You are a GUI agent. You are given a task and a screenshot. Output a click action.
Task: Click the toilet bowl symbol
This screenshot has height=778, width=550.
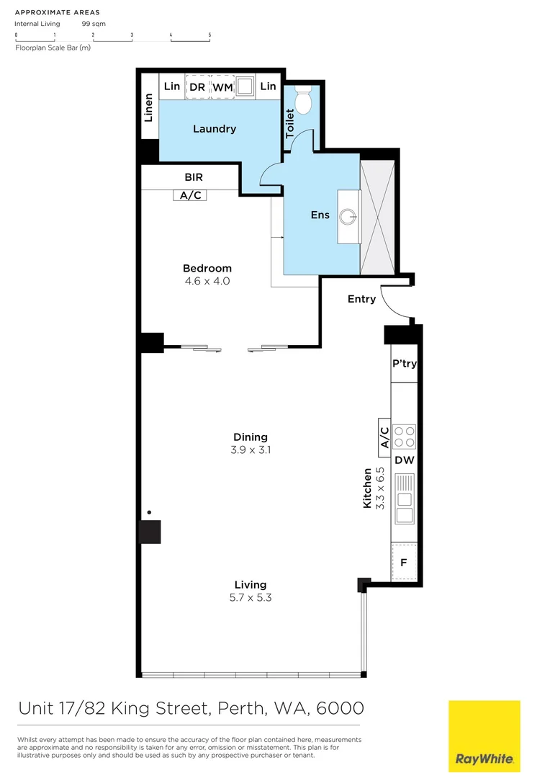tap(304, 101)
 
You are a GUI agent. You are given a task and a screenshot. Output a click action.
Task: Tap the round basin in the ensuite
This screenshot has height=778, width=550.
tap(349, 215)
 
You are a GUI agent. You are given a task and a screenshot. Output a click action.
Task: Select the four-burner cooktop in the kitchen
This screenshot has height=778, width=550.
tap(404, 437)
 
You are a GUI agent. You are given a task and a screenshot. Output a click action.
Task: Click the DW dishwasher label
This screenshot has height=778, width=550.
tap(404, 460)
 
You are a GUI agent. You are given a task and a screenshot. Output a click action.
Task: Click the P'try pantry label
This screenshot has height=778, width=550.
tap(404, 364)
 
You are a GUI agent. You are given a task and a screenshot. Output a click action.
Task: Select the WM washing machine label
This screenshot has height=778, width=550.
tap(222, 87)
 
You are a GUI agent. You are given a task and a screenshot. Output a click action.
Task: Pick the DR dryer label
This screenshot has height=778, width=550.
tap(197, 87)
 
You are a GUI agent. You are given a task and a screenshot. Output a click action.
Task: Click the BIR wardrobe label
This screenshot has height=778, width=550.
tap(194, 176)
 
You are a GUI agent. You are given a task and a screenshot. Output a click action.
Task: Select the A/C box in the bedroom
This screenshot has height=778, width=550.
tap(190, 194)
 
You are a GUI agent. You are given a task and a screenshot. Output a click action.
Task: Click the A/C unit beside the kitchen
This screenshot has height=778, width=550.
tap(384, 437)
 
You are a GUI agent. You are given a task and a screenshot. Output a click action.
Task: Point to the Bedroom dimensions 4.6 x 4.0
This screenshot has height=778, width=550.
tap(207, 281)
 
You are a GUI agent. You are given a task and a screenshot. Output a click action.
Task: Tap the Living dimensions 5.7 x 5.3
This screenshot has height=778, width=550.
tap(250, 597)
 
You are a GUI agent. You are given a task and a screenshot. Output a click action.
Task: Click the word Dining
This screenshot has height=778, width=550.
tap(250, 437)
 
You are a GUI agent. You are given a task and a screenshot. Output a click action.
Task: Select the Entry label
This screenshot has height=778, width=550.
tap(361, 299)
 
